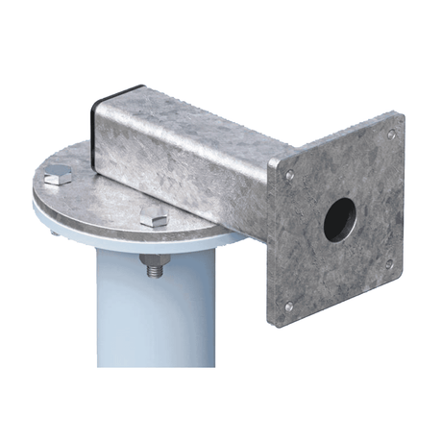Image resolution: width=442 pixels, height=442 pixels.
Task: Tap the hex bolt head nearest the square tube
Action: coord(154,217)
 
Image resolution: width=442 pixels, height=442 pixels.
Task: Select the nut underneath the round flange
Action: coord(153,260)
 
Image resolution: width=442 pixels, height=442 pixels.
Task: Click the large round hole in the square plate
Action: coord(339,220)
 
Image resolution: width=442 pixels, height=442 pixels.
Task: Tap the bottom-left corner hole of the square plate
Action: coord(288,306)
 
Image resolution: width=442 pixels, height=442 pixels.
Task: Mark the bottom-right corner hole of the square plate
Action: coord(388,262)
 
